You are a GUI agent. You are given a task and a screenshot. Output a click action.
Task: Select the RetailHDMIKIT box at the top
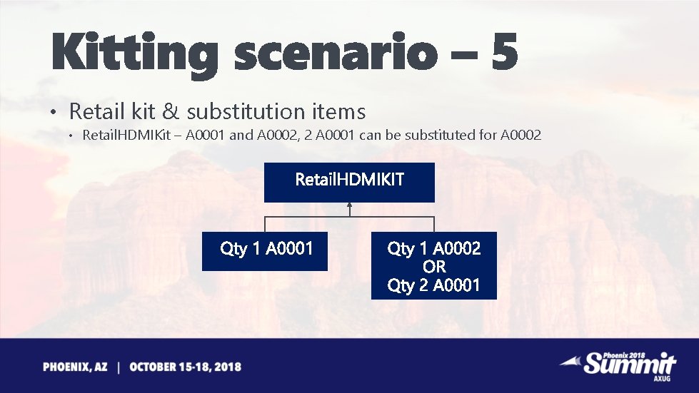tap(349, 181)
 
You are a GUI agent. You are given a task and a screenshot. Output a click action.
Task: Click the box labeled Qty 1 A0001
tap(265, 250)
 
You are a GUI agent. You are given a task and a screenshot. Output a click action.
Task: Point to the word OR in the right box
tap(433, 267)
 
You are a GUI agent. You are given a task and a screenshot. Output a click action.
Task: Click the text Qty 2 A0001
tap(433, 285)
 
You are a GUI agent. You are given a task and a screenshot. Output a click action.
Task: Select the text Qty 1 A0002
tap(433, 248)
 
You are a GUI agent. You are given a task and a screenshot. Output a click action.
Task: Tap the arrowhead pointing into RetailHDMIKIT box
tap(350, 205)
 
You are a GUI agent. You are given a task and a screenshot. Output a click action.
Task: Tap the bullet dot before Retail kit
tap(53, 113)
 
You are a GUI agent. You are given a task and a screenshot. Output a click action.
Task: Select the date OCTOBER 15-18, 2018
tap(185, 367)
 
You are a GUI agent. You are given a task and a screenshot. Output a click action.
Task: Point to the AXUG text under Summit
tap(662, 379)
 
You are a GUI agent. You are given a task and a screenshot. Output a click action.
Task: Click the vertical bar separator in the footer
tap(119, 367)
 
